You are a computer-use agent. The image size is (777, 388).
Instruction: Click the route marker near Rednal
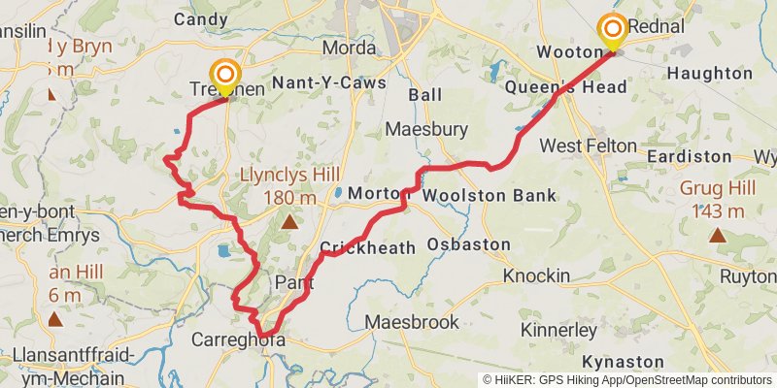pos(614,31)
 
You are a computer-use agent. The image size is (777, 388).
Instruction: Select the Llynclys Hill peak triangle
pos(288,223)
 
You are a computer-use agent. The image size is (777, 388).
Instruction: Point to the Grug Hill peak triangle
pos(717,234)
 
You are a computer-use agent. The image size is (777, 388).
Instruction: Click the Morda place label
pos(349,48)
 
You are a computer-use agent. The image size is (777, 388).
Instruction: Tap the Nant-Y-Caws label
pos(330,83)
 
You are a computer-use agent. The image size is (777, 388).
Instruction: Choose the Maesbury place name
pos(426,129)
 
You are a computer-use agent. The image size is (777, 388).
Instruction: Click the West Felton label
pos(588,145)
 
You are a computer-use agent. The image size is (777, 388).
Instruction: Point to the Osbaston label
pos(468,244)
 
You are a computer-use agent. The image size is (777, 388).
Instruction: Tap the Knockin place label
pos(536,276)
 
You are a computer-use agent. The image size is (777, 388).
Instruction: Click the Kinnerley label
pos(558,331)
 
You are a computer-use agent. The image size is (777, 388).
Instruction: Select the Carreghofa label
pos(238,340)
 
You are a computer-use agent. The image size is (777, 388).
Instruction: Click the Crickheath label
pos(367,248)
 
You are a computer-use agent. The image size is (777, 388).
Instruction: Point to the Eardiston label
pos(689,156)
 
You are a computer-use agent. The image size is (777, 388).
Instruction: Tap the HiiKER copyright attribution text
pos(626,380)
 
